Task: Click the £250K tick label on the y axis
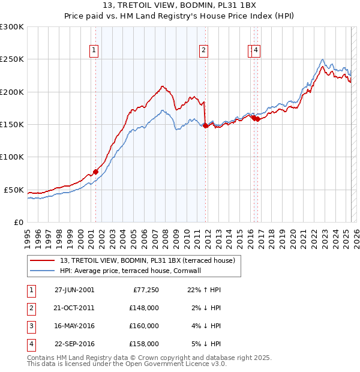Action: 12,59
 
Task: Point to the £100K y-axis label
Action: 12,157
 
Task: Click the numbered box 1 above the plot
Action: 95,50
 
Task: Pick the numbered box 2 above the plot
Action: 204,50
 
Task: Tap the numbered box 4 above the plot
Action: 256,50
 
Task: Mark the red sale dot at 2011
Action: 206,125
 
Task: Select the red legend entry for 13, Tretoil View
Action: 150,260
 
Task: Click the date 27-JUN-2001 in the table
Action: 74,289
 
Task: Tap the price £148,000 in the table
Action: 145,307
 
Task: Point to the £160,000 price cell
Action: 145,326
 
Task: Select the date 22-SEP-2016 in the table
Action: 74,344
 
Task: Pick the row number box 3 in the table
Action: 30,326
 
